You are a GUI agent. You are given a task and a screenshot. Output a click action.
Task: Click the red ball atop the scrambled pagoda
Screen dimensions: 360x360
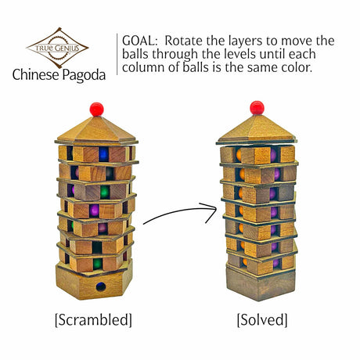[x=96, y=108]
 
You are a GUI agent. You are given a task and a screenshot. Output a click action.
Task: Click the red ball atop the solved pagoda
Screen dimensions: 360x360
[x=257, y=107]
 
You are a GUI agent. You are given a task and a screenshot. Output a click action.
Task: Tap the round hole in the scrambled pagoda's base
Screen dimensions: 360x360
[x=101, y=286]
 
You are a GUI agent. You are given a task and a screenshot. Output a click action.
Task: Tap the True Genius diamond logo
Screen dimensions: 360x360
[x=57, y=47]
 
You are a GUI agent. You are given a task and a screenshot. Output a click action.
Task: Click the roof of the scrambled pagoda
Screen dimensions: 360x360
[x=96, y=129]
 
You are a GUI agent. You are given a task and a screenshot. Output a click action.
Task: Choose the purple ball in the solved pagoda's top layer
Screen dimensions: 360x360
[x=275, y=154]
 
